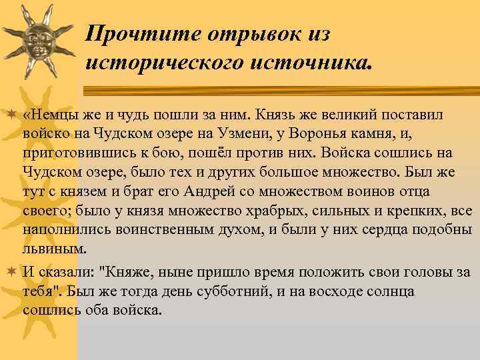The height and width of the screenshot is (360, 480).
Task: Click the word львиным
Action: pos(55,250)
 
